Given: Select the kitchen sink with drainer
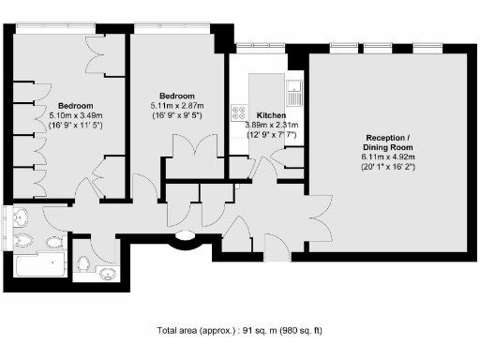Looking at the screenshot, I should coord(295,92).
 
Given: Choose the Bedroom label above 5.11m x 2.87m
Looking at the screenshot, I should coord(175,96).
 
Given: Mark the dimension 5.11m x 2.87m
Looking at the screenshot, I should coord(175,106).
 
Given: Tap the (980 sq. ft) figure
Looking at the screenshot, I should coord(305,330).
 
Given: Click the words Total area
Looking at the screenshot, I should coord(178,330).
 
